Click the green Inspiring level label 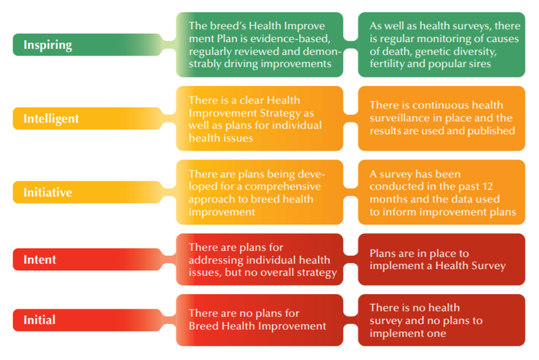click(x=48, y=45)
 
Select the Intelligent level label click(x=51, y=119)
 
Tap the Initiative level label click(x=47, y=192)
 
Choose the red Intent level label click(x=39, y=259)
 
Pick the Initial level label click(x=39, y=320)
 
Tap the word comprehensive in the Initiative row click(x=274, y=186)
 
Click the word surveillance click(x=399, y=118)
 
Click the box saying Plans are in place click(x=441, y=259)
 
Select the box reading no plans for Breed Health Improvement click(x=259, y=320)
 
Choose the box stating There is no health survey click(x=441, y=320)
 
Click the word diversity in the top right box click(x=473, y=51)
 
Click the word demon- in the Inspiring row click(x=318, y=51)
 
